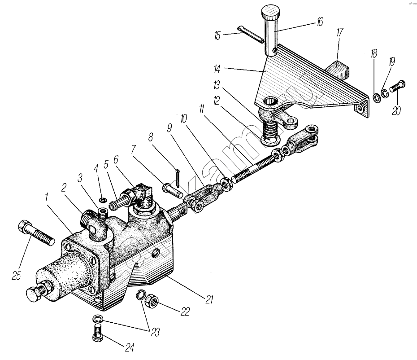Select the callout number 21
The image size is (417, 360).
[x=209, y=299]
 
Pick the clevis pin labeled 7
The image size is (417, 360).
[x=171, y=189]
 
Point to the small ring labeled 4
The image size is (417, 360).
[x=103, y=199]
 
